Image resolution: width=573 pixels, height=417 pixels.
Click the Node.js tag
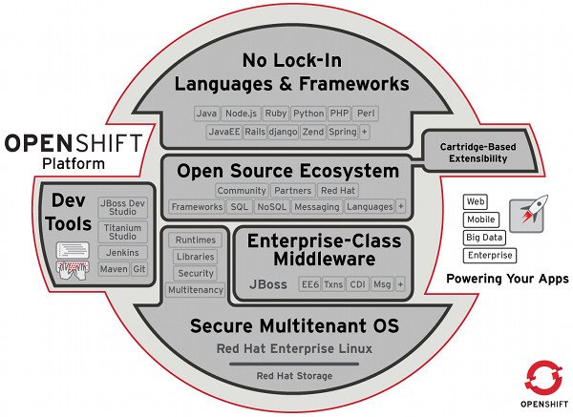242,114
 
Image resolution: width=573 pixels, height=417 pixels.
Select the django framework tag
283,132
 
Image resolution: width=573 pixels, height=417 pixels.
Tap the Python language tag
308,114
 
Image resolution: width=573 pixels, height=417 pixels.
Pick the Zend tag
313,132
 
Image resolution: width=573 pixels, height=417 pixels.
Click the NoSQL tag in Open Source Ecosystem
271,207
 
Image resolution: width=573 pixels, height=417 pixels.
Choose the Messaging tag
317,207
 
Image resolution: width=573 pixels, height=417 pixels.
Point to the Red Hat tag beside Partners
338,191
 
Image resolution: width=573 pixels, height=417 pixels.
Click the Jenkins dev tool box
123,253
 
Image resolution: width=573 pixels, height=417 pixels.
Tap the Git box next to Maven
139,269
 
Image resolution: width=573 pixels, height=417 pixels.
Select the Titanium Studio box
123,232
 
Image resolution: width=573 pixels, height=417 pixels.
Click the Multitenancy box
196,290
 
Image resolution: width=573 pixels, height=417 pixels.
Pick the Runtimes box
196,240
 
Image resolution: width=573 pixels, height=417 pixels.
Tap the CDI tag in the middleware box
357,284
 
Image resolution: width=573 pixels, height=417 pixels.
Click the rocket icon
528,215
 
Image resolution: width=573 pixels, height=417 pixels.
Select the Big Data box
484,238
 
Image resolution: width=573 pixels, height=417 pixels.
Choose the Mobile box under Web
481,219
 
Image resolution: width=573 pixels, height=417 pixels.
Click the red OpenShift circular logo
543,378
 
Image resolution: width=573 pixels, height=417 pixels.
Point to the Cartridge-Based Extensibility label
478,153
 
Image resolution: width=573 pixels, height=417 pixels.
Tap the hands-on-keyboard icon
73,271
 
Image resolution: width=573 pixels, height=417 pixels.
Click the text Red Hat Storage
294,376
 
